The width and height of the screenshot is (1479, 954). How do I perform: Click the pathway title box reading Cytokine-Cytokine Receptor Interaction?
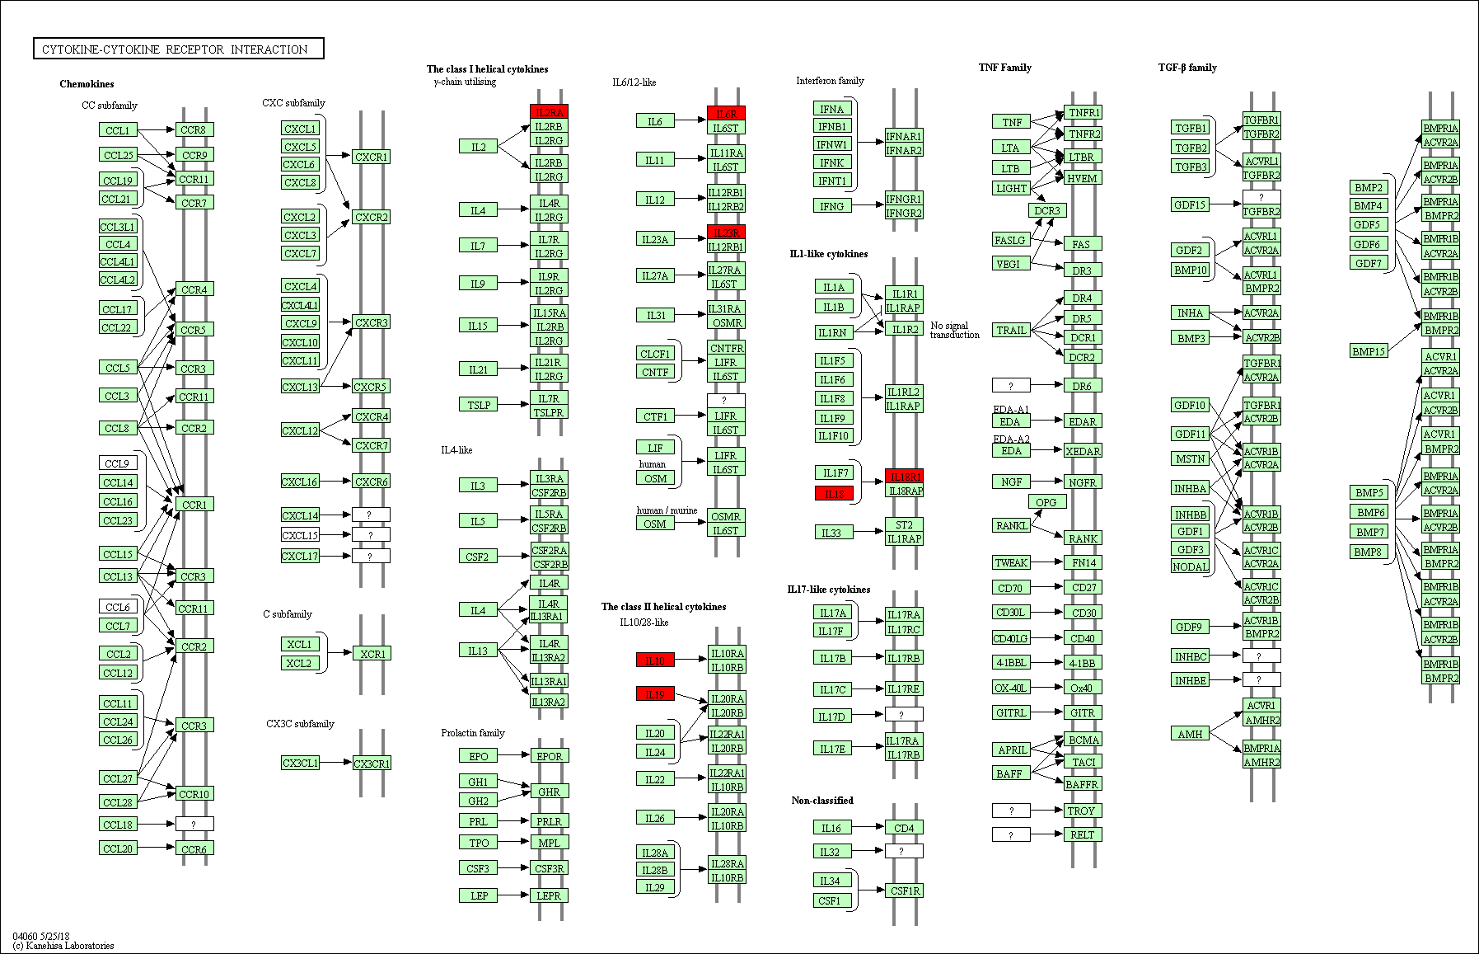click(178, 49)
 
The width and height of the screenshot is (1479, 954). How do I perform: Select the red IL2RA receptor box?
click(549, 112)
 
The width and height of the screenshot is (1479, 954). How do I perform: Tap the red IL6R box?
click(726, 114)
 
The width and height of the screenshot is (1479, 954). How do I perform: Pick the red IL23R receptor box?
click(726, 233)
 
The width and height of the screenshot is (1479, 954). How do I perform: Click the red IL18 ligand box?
click(834, 494)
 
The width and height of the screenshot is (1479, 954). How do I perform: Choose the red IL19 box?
click(655, 694)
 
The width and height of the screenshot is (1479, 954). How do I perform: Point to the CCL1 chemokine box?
click(118, 130)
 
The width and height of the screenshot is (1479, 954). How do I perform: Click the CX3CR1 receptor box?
click(372, 764)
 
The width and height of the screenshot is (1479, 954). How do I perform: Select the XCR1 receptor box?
click(372, 654)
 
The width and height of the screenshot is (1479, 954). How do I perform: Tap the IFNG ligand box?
click(831, 206)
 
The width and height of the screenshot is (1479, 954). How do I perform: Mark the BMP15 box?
click(1369, 351)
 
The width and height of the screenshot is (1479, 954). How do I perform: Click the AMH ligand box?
click(1190, 734)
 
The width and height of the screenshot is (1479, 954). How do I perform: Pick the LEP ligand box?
click(478, 895)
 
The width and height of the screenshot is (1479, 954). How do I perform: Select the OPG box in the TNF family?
click(1046, 502)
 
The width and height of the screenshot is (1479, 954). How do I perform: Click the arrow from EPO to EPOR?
click(514, 755)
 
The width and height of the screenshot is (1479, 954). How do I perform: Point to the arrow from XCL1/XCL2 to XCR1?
click(340, 653)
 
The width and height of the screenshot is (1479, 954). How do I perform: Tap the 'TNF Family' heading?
click(1004, 68)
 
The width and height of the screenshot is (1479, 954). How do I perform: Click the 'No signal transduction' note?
click(954, 330)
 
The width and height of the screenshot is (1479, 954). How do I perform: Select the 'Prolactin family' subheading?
click(472, 733)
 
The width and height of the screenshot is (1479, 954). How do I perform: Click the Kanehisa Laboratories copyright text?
click(63, 946)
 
